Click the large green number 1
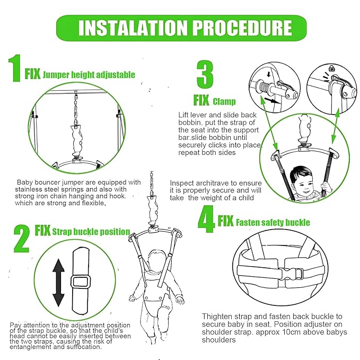[x=15, y=68]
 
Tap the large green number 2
[x=22, y=239]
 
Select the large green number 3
[x=205, y=74]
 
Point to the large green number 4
[x=206, y=219]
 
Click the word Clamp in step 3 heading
[x=224, y=101]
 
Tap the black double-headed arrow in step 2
[x=58, y=283]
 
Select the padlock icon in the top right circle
[x=331, y=68]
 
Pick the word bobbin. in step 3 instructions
[x=190, y=123]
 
